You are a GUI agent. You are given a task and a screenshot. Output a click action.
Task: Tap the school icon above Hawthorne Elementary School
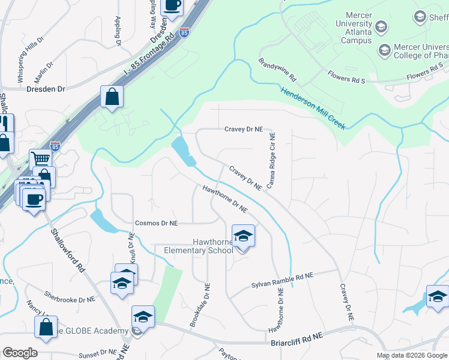[x=243, y=235]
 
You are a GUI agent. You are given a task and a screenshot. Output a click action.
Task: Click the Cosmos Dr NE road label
[x=157, y=223]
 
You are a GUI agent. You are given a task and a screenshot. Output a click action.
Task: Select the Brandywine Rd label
[x=278, y=70]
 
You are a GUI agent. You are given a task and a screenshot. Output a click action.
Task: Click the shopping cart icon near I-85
[x=40, y=160]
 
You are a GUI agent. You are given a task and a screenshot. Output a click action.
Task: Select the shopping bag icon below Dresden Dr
[x=112, y=97]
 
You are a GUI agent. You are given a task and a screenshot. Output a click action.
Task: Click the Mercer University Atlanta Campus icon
[x=381, y=26]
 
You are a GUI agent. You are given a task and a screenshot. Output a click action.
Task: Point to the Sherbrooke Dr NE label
[x=70, y=296]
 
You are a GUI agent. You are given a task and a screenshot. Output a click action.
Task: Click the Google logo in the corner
[x=20, y=353]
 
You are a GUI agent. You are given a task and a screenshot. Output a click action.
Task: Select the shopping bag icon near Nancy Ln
[x=46, y=327]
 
